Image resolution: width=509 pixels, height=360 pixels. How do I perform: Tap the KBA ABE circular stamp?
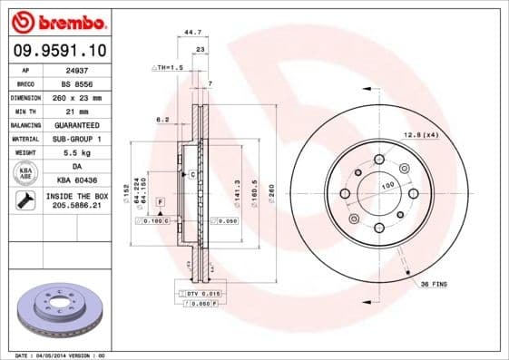point(25,172)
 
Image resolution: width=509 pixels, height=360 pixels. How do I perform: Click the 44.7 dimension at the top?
point(192,32)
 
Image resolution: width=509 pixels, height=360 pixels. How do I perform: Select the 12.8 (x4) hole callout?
point(420,135)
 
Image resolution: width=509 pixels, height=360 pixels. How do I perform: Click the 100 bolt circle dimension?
point(387,186)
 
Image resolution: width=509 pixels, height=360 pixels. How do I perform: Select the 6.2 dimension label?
point(162,119)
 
